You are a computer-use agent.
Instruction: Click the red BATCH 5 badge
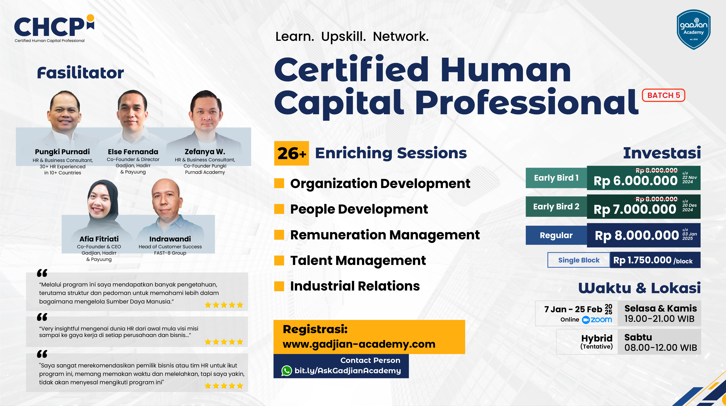pyautogui.click(x=663, y=95)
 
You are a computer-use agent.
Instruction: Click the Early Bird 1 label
pyautogui.click(x=556, y=178)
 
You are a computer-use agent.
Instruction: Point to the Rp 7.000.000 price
pyautogui.click(x=635, y=209)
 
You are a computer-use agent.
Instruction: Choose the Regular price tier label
pyautogui.click(x=556, y=235)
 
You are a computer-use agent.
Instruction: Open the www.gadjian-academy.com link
pyautogui.click(x=359, y=344)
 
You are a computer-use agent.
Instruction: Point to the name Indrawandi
pyautogui.click(x=170, y=239)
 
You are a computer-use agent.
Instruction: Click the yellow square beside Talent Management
pyautogui.click(x=279, y=261)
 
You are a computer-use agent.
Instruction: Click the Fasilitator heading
pyautogui.click(x=80, y=73)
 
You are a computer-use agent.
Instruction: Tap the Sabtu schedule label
pyautogui.click(x=638, y=337)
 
